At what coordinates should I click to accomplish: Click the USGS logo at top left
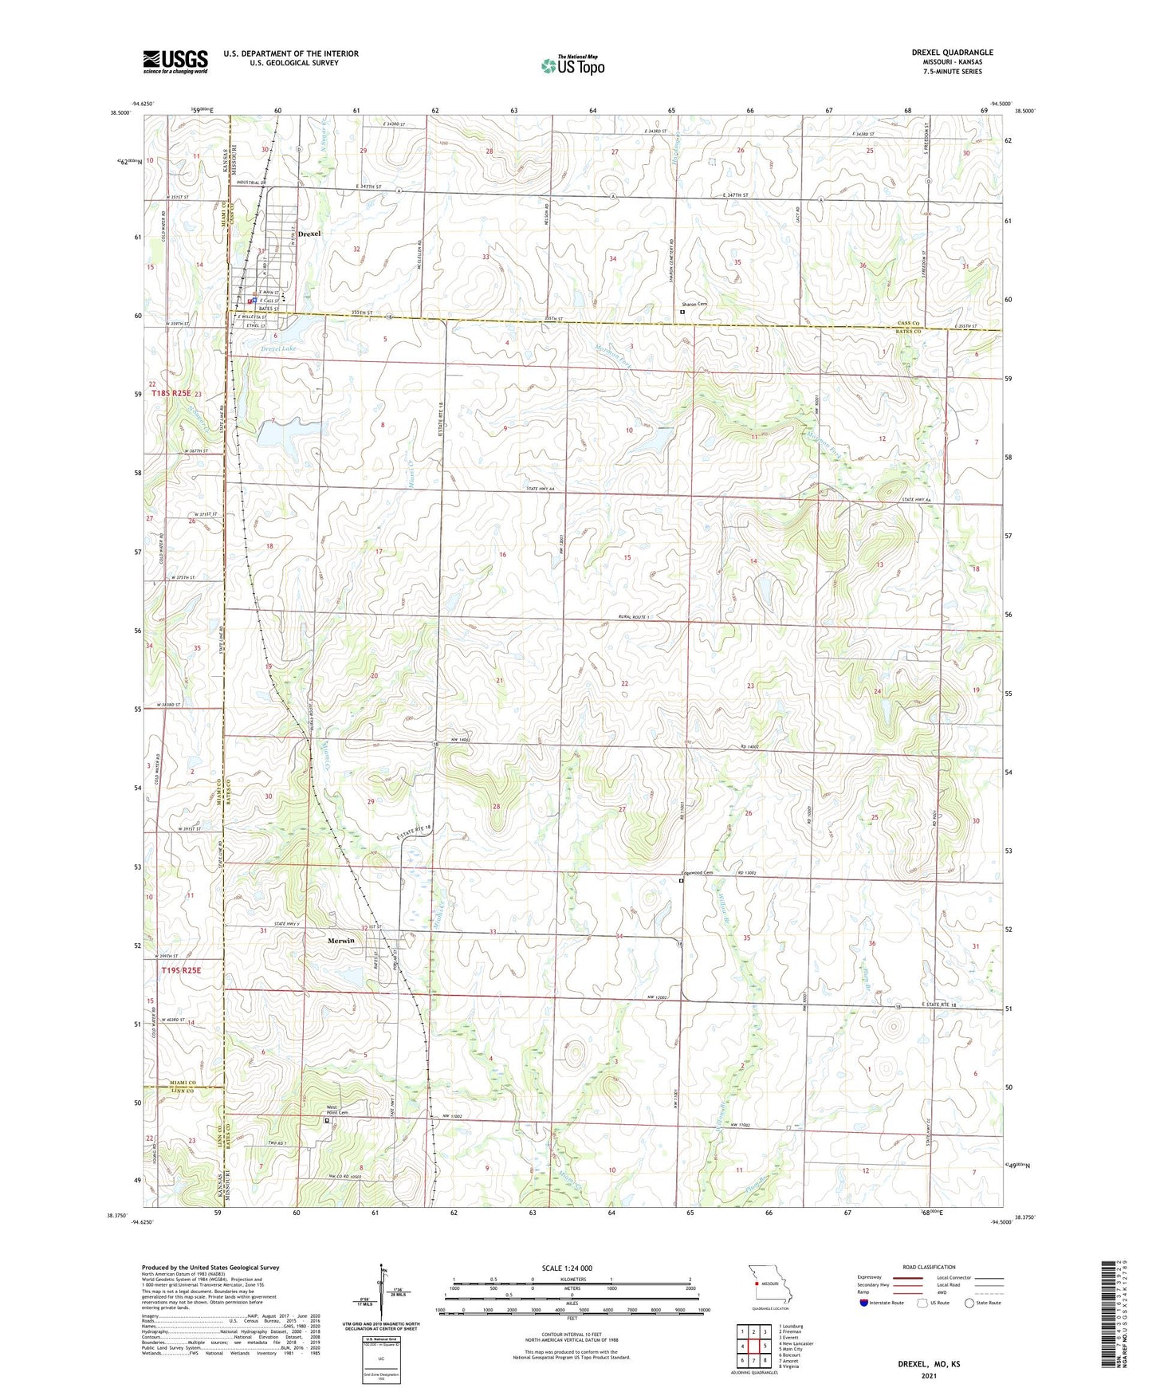[175, 61]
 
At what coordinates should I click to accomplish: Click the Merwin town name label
[340, 941]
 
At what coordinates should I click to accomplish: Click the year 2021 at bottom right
[929, 1375]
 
